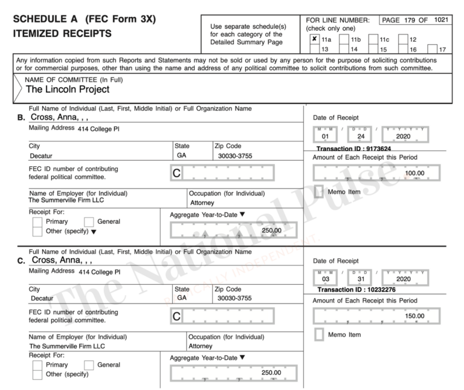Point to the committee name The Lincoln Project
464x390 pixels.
68,89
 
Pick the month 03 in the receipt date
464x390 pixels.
329,279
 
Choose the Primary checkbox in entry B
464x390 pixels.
37,223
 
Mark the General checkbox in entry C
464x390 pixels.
89,365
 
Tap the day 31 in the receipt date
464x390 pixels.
360,279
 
